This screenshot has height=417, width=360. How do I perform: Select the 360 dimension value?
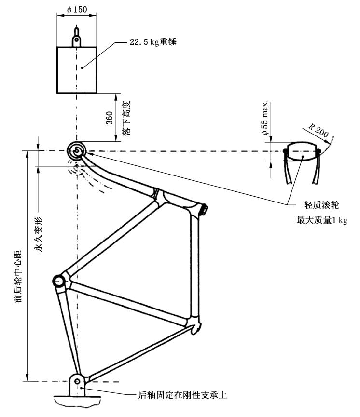(x=109, y=117)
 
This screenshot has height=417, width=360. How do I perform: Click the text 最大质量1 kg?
(x=321, y=221)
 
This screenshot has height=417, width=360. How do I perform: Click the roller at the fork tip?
(x=77, y=151)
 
